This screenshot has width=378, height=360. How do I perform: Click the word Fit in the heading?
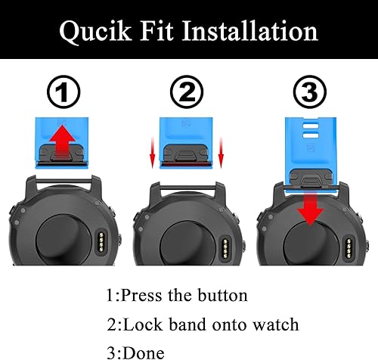point(160,31)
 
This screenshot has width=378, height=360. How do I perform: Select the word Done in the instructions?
point(141,351)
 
